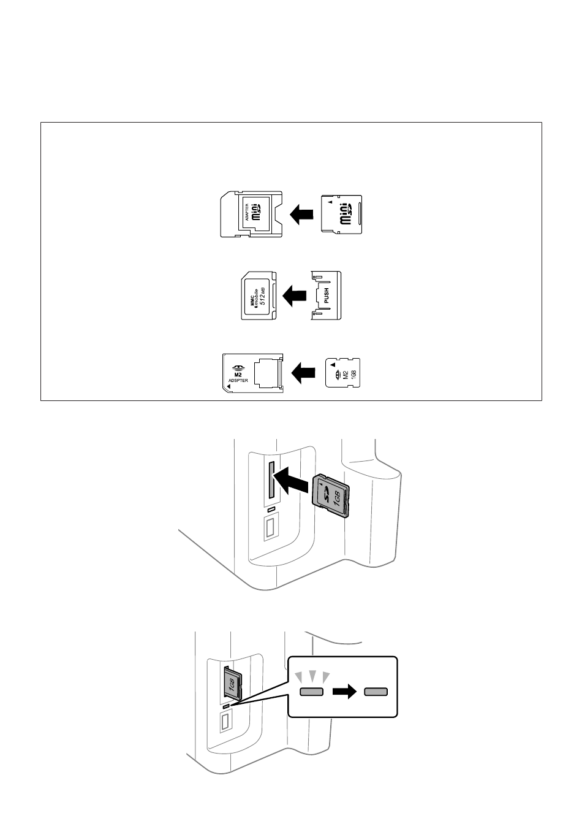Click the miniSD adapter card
[251, 215]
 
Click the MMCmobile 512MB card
[260, 296]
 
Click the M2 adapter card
[252, 372]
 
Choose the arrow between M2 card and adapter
[303, 372]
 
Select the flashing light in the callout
[311, 692]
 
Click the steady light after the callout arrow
[376, 692]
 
